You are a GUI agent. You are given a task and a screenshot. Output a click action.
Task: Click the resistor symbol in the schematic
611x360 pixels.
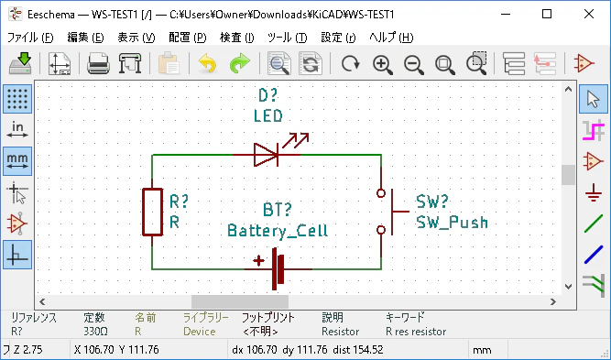click(152, 212)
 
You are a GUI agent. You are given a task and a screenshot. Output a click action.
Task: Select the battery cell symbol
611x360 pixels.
click(277, 268)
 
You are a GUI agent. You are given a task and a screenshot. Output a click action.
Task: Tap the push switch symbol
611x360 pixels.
click(392, 212)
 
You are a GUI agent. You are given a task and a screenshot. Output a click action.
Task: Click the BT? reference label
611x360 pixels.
click(277, 210)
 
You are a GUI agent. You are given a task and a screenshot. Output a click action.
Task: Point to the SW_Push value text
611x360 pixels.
click(452, 223)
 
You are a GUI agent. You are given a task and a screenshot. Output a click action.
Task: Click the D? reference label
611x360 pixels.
click(268, 95)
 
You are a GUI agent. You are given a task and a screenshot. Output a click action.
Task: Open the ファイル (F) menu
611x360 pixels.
click(30, 38)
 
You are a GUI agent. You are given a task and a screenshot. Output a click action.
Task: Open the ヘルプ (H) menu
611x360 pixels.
click(391, 38)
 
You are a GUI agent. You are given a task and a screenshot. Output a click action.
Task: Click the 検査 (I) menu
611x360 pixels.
click(237, 38)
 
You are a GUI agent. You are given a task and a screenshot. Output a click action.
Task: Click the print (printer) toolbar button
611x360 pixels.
click(98, 63)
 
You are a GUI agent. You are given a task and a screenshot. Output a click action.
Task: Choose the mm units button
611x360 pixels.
click(17, 161)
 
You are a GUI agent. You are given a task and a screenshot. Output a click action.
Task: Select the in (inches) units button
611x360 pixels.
click(17, 129)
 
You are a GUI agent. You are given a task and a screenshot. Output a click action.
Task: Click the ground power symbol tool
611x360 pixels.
click(593, 192)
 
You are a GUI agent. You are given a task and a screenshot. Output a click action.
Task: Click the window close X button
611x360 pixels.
click(589, 14)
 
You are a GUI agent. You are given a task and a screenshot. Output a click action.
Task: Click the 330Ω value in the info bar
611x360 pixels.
click(95, 332)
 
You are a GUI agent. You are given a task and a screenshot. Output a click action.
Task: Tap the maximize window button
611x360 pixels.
click(547, 14)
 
